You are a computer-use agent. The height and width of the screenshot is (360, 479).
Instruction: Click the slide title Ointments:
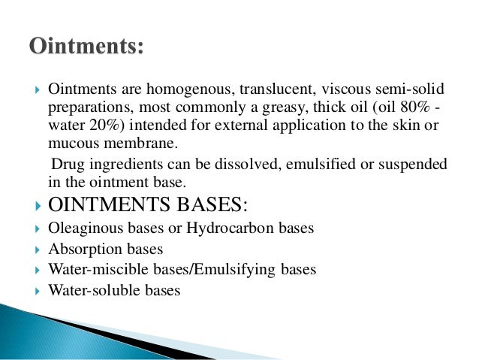pyautogui.click(x=87, y=46)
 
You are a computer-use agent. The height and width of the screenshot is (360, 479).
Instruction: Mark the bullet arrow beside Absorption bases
pyautogui.click(x=37, y=249)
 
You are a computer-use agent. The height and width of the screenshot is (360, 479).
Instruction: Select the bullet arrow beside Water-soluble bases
pyautogui.click(x=37, y=289)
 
